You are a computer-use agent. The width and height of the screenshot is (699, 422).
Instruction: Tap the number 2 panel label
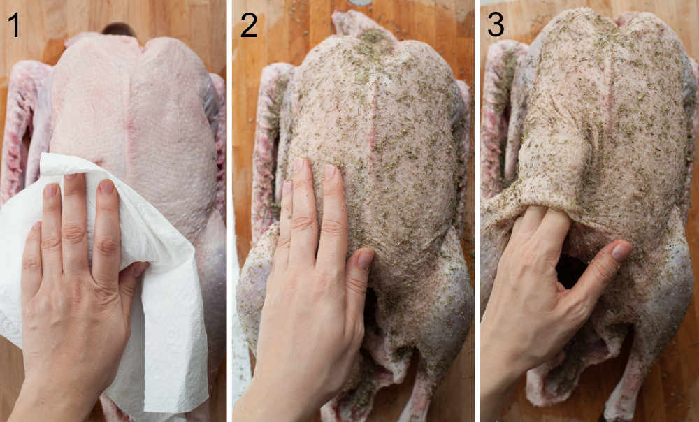[x=248, y=24]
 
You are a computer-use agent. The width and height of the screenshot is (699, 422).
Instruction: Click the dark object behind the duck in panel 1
[x=118, y=29]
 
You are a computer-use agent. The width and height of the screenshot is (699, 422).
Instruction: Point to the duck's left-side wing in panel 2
[x=269, y=140]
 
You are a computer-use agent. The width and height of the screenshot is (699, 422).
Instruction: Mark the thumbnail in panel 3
[x=621, y=251]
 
